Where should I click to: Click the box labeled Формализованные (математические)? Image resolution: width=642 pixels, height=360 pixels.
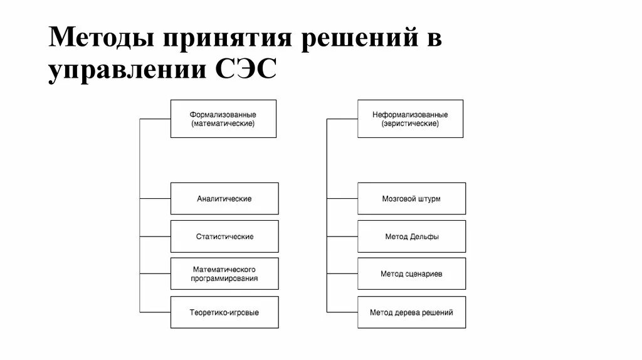pyautogui.click(x=223, y=119)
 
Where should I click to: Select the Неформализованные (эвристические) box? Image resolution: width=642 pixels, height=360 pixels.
pyautogui.click(x=410, y=119)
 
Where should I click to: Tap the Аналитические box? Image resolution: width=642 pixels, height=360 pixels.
pyautogui.click(x=224, y=199)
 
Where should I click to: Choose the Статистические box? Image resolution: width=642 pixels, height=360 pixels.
pyautogui.click(x=224, y=236)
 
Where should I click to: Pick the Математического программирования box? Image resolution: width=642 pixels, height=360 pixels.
pyautogui.click(x=224, y=273)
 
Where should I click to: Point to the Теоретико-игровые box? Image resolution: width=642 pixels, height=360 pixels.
pyautogui.click(x=224, y=312)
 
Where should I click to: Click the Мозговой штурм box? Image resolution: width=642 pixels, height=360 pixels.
pyautogui.click(x=411, y=199)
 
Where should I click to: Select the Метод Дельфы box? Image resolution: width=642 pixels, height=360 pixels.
pyautogui.click(x=411, y=236)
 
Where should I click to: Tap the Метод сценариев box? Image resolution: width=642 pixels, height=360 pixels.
pyautogui.click(x=411, y=273)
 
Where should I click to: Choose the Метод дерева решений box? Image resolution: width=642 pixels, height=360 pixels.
pyautogui.click(x=411, y=312)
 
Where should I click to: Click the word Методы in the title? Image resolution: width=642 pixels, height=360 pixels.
pyautogui.click(x=101, y=38)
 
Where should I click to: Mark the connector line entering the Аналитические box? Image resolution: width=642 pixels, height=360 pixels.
pyautogui.click(x=155, y=199)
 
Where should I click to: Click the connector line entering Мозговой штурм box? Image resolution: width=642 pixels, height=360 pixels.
pyautogui.click(x=342, y=199)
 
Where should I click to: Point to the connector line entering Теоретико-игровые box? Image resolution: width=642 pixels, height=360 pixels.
pyautogui.click(x=155, y=312)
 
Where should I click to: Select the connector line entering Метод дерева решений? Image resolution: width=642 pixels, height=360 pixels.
pyautogui.click(x=342, y=312)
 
